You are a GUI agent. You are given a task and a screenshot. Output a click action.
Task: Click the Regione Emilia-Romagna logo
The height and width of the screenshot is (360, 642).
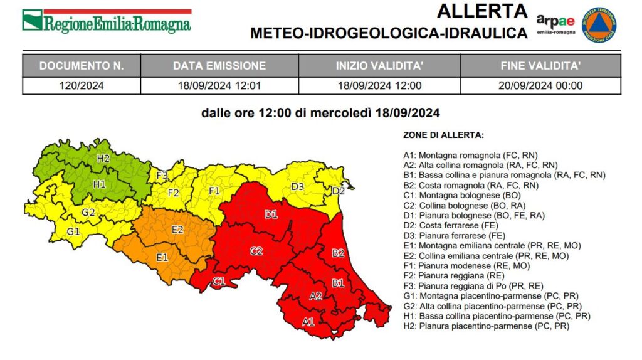107,22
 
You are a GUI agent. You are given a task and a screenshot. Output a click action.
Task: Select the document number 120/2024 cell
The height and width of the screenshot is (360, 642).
82,86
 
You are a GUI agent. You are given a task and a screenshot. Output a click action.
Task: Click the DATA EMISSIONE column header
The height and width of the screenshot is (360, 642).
219,66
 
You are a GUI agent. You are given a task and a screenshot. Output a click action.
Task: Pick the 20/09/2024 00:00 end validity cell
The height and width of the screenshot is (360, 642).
541,86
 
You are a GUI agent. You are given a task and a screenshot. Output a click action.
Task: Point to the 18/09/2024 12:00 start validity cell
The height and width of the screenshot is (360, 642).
379,86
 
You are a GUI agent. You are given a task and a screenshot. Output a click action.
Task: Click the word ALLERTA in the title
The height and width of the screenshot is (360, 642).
482,11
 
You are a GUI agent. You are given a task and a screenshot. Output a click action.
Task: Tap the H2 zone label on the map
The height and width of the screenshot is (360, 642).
103,159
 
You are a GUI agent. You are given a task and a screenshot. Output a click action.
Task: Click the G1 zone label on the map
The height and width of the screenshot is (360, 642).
73,231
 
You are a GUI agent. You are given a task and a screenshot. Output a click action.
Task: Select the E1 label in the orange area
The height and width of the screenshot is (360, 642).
162,257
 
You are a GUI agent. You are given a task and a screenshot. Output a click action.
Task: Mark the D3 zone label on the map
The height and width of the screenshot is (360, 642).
298,186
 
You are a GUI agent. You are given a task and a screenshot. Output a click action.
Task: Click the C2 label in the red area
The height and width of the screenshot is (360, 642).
256,251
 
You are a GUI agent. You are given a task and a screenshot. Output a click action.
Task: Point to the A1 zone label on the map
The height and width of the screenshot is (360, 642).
308,322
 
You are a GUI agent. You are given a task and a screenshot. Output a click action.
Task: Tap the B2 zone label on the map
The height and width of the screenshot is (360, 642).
339,253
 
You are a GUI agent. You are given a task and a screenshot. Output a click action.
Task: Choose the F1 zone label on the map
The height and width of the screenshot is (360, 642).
214,190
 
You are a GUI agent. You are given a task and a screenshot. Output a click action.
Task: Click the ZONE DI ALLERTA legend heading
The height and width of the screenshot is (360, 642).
444,135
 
